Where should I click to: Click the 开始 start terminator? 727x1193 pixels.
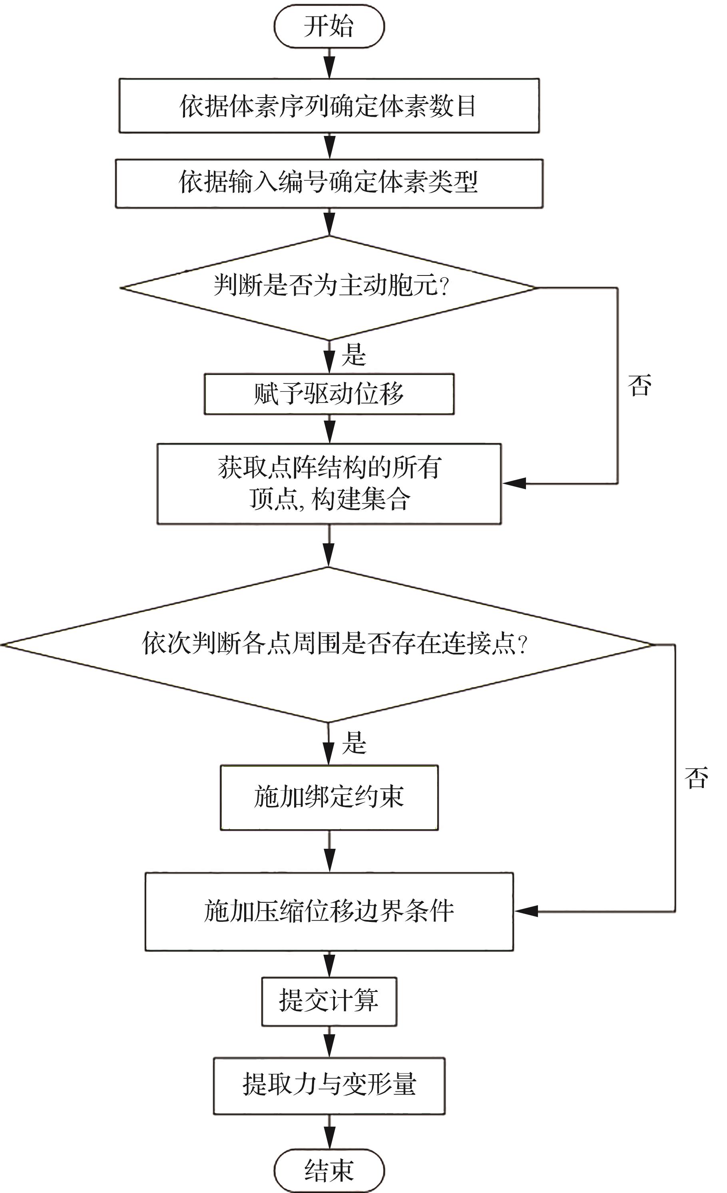click(x=329, y=26)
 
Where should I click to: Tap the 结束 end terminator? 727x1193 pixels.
click(x=329, y=1171)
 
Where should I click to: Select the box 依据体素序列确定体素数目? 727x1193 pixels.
click(x=329, y=106)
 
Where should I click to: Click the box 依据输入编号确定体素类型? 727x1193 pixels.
click(x=329, y=184)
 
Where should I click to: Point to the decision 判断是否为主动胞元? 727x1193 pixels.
click(x=329, y=287)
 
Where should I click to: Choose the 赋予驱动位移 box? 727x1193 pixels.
click(x=329, y=394)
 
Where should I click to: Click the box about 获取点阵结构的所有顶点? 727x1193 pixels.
click(x=329, y=484)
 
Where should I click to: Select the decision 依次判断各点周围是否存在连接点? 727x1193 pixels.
click(x=329, y=644)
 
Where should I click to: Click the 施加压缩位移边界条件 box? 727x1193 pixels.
click(x=329, y=911)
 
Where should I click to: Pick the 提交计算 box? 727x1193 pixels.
click(x=329, y=1001)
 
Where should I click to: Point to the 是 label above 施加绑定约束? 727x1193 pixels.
click(x=354, y=742)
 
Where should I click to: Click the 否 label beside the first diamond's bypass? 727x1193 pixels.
click(x=639, y=385)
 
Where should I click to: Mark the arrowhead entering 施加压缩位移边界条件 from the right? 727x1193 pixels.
click(x=526, y=911)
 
